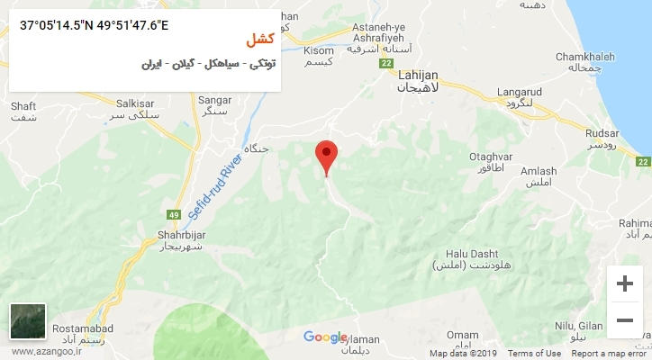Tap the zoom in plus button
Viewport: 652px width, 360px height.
coord(624,284)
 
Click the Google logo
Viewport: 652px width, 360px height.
coord(324,337)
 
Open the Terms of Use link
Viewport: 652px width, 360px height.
coord(540,354)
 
